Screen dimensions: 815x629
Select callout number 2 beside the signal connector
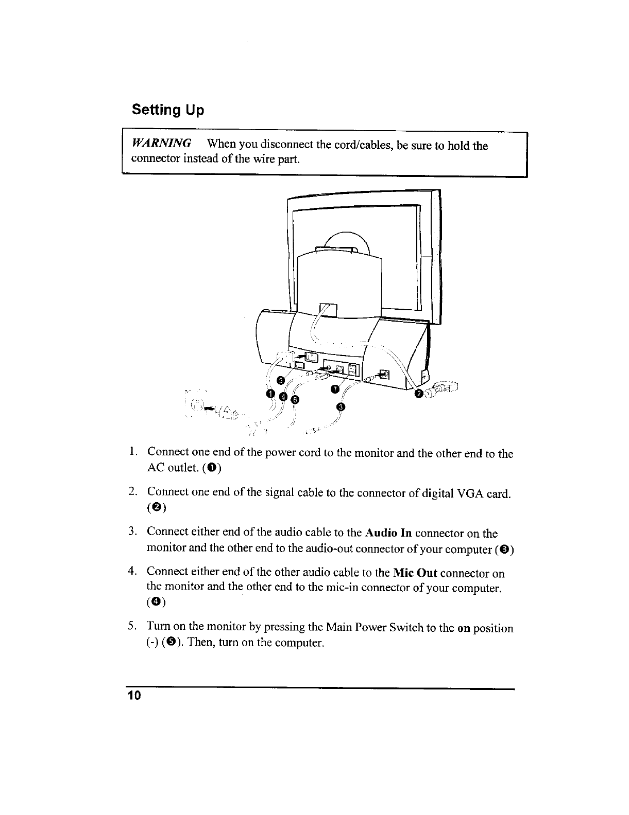pyautogui.click(x=419, y=394)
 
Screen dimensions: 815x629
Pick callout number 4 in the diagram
pyautogui.click(x=282, y=396)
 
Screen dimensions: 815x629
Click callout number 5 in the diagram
pyautogui.click(x=280, y=380)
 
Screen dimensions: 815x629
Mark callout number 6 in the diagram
pyautogui.click(x=295, y=399)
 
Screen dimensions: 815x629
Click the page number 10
pyautogui.click(x=134, y=696)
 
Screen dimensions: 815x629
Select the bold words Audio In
pyautogui.click(x=388, y=533)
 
